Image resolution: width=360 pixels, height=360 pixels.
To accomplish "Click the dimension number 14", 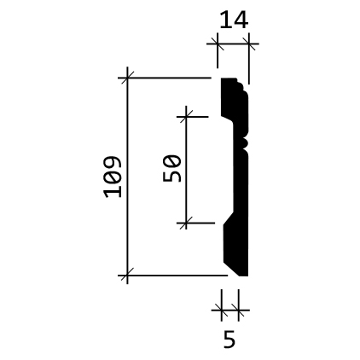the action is tap(234, 20).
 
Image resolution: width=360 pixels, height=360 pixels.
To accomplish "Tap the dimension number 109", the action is tap(113, 177).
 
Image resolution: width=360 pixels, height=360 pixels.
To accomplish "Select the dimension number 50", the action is tap(171, 168).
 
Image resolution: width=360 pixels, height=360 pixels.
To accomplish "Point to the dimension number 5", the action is tap(229, 339).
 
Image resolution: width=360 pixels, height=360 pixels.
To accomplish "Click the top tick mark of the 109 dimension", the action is tap(127, 78).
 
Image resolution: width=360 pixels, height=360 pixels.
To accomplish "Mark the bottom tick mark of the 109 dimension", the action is tap(127, 276).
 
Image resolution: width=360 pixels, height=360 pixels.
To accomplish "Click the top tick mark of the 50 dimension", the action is tap(186, 117).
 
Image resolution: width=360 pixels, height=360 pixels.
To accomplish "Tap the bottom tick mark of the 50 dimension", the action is tap(186, 223).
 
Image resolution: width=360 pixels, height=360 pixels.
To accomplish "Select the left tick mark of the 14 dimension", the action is tap(218, 44).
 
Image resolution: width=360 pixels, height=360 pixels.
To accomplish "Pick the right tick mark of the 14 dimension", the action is tap(249, 44).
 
